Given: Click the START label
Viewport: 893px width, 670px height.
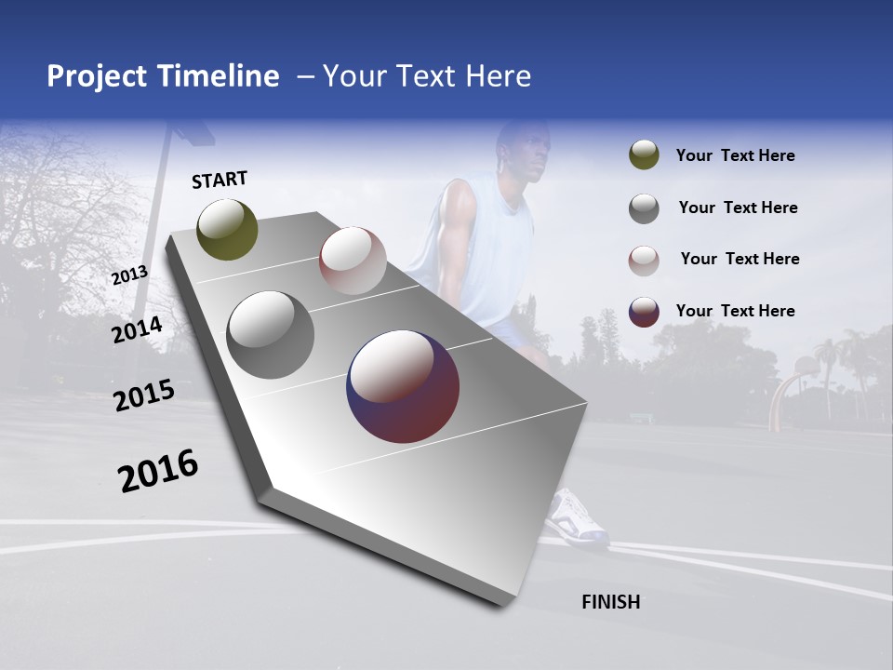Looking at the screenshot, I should pyautogui.click(x=220, y=180).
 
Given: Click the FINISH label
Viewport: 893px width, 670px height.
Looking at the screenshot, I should pyautogui.click(x=610, y=602).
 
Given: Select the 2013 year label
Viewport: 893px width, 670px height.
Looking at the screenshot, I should pyautogui.click(x=129, y=275).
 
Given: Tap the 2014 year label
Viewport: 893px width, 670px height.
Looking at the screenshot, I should pyautogui.click(x=137, y=329).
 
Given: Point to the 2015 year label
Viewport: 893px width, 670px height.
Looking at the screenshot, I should pyautogui.click(x=143, y=395).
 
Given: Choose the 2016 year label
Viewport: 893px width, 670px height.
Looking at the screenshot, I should pyautogui.click(x=158, y=471).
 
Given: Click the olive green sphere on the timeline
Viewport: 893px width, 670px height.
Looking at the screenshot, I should pyautogui.click(x=227, y=229).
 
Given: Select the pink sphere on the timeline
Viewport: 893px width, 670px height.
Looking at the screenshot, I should pyautogui.click(x=353, y=261).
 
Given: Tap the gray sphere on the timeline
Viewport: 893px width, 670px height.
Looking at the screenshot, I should pyautogui.click(x=270, y=335).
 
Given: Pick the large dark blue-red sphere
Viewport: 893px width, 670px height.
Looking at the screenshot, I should pyautogui.click(x=402, y=386).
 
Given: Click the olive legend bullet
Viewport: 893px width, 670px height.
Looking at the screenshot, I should pyautogui.click(x=644, y=155).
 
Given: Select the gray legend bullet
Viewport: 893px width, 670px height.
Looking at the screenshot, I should pyautogui.click(x=644, y=208).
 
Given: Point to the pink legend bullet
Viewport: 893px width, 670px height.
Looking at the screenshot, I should pyautogui.click(x=644, y=260).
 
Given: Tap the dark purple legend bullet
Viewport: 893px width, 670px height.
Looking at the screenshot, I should pyautogui.click(x=644, y=311).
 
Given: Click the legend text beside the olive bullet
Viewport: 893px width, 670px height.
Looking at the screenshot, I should pyautogui.click(x=735, y=155).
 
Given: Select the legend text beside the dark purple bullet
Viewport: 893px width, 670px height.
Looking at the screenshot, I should pyautogui.click(x=735, y=311).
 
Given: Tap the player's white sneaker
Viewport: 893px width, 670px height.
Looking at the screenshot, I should pyautogui.click(x=578, y=518).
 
